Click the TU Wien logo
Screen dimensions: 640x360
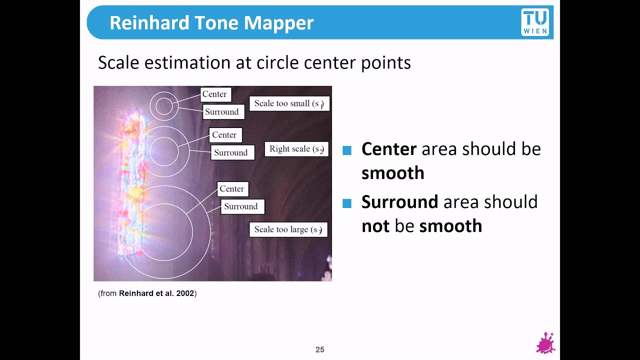pos(535,22)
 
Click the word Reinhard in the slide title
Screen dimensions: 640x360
pos(149,23)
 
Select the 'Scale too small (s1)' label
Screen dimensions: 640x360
pos(289,103)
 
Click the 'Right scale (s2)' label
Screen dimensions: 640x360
pos(296,149)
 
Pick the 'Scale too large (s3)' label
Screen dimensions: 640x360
pos(288,229)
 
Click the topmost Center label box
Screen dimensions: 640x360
pos(215,94)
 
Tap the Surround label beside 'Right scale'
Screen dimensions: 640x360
pos(232,152)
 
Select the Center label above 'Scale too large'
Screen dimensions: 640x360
pos(233,189)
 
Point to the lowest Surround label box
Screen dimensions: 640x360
pos(242,206)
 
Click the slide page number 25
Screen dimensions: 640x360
pos(319,349)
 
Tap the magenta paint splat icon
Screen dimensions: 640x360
pos(545,343)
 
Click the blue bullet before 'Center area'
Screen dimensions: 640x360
pos(347,150)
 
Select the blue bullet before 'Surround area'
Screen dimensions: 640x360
pos(347,203)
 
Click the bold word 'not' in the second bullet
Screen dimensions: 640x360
pos(375,226)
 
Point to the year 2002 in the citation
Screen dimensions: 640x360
pos(185,293)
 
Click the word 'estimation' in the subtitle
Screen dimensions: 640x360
pos(187,62)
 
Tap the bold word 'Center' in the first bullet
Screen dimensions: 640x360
pos(389,149)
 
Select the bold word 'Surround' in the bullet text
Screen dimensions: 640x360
pos(399,202)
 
